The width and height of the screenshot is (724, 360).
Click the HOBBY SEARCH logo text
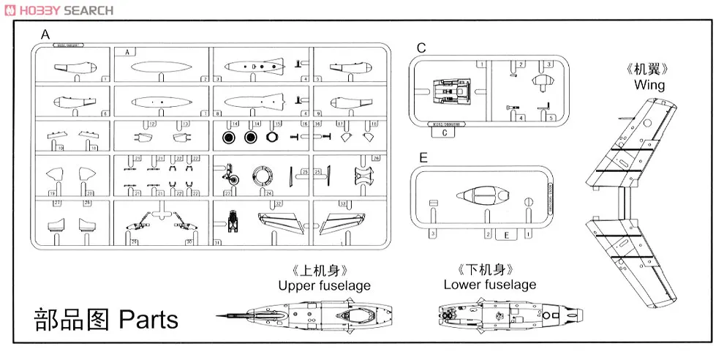pyautogui.click(x=59, y=10)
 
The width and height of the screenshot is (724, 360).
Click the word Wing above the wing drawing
pyautogui.click(x=649, y=85)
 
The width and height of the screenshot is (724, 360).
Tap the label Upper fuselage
pyautogui.click(x=324, y=285)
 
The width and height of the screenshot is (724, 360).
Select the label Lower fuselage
pyautogui.click(x=489, y=285)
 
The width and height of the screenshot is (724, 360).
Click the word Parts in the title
pyautogui.click(x=148, y=320)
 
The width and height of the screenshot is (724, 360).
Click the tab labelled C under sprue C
pyautogui.click(x=445, y=133)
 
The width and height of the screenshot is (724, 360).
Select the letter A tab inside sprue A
pyautogui.click(x=127, y=52)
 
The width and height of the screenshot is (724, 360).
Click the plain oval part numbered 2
pyautogui.click(x=162, y=67)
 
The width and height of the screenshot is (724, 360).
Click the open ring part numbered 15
pyautogui.click(x=272, y=137)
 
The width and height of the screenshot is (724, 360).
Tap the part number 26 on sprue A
pyautogui.click(x=376, y=158)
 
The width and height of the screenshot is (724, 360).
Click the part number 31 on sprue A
pyautogui.click(x=217, y=242)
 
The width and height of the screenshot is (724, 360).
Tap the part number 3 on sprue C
pyautogui.click(x=548, y=64)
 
